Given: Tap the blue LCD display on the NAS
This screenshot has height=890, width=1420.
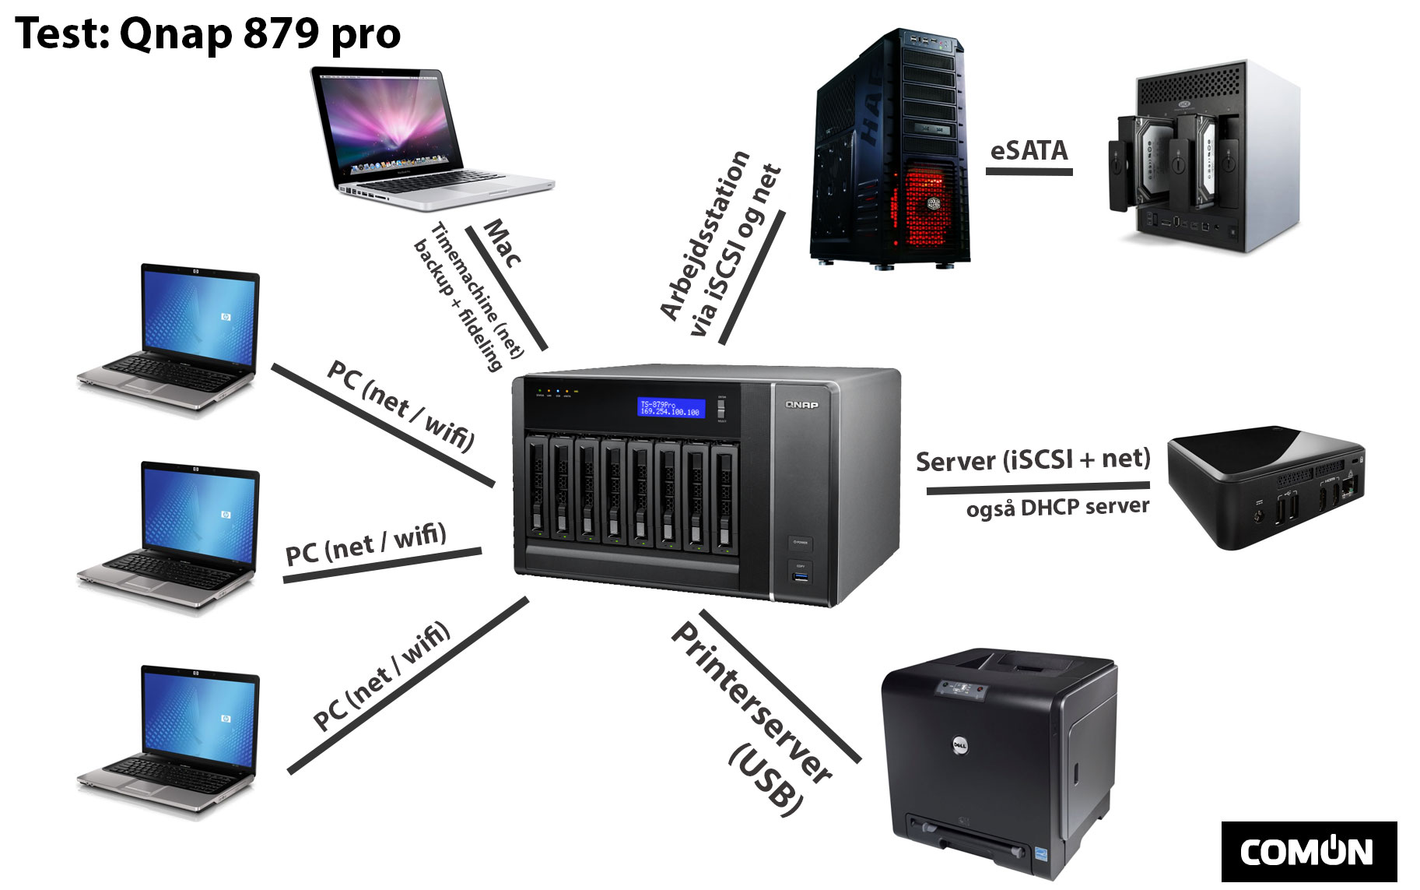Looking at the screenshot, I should click(671, 408).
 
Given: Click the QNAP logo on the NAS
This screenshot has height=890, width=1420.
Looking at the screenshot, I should click(801, 405).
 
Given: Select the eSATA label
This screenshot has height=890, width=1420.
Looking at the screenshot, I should click(1029, 150).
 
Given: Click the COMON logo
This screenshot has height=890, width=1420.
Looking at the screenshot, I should click(1308, 852).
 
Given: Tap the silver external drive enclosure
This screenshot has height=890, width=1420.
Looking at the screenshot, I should click(1202, 156).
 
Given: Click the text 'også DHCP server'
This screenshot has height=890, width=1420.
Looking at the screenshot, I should click(1057, 508).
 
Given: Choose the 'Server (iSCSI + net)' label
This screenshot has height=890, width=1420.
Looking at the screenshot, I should click(1033, 460).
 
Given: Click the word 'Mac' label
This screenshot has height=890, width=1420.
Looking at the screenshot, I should click(503, 243).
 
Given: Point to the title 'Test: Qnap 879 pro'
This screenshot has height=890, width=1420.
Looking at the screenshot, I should click(208, 34).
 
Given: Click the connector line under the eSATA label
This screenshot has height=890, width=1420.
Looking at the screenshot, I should click(1029, 171).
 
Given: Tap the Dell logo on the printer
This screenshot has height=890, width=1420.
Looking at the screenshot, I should click(960, 746).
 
